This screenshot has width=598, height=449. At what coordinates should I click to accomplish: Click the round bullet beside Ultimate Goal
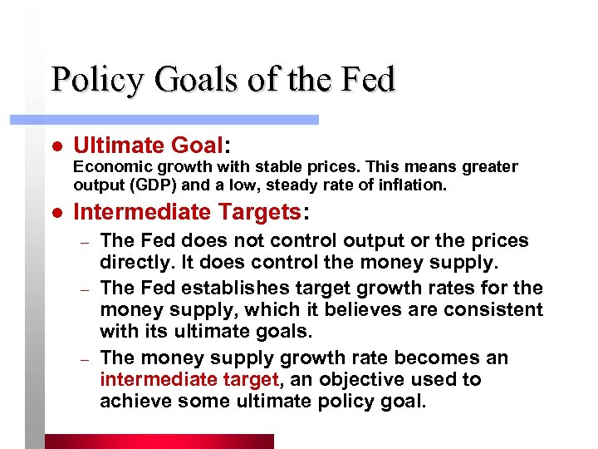click(x=56, y=146)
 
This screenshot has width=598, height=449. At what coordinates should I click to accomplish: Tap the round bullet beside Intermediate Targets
click(x=56, y=212)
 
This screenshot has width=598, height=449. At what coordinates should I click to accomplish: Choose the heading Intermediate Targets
click(x=188, y=212)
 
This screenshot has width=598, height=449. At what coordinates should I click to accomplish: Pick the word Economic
click(x=105, y=167)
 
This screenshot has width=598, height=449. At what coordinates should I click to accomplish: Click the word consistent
click(x=489, y=310)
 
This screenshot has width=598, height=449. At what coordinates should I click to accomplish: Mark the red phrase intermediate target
click(x=188, y=380)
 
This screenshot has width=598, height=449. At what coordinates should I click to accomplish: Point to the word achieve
click(x=132, y=402)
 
